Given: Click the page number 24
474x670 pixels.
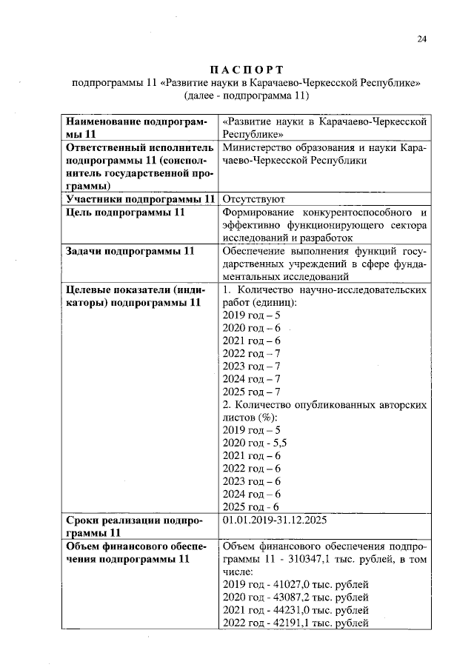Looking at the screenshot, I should pos(421,40).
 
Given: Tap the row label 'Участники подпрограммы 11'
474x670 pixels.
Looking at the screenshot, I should pos(140,199).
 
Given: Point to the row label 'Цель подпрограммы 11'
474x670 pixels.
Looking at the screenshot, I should pos(125,212).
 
